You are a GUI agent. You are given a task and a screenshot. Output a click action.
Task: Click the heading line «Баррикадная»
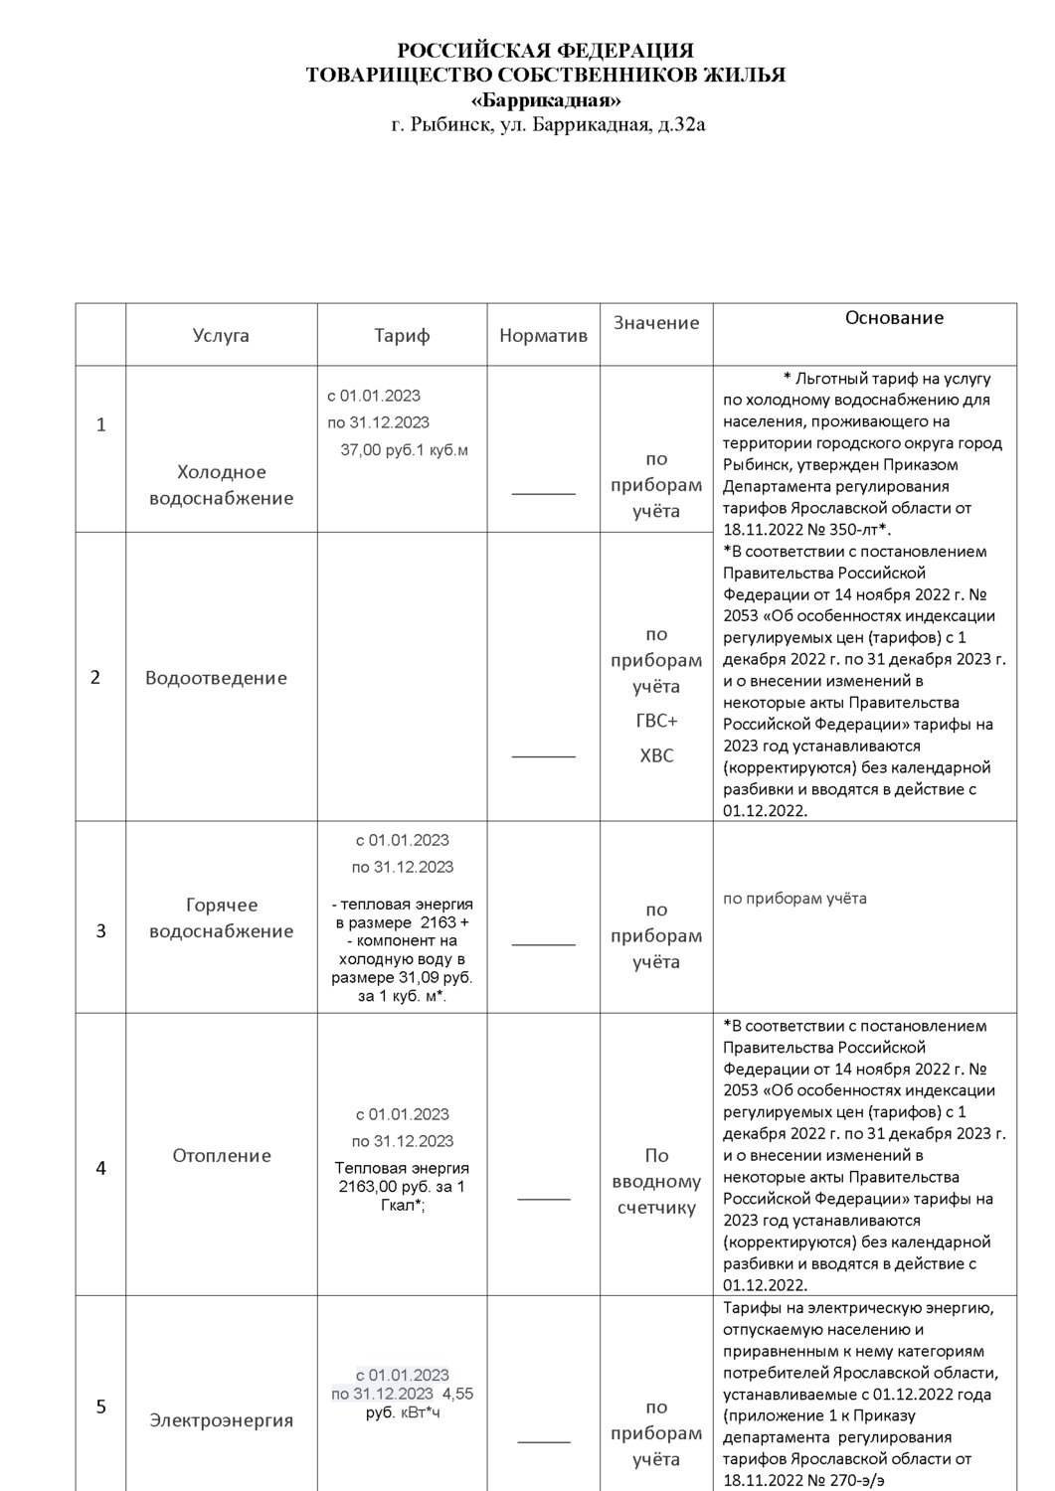click(546, 100)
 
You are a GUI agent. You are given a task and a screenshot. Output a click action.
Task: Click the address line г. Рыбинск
click(548, 125)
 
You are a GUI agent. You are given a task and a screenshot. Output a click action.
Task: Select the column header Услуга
click(221, 336)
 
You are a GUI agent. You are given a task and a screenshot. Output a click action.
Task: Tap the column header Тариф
click(402, 336)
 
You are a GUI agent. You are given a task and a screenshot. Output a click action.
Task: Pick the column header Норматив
click(543, 336)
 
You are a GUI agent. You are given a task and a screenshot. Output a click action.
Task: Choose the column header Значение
click(656, 323)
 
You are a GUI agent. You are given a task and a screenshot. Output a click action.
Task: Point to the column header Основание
click(894, 318)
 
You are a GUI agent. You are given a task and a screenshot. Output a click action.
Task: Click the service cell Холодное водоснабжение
click(221, 485)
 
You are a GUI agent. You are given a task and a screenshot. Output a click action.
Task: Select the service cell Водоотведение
click(216, 678)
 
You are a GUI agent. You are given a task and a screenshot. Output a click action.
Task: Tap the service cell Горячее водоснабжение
click(221, 918)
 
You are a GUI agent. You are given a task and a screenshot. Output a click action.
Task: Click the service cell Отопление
click(222, 1156)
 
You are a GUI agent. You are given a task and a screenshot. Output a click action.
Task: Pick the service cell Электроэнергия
click(222, 1420)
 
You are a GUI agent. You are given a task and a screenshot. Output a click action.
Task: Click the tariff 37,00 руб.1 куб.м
click(404, 450)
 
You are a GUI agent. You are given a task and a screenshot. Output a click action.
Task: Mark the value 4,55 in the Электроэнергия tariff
click(457, 1394)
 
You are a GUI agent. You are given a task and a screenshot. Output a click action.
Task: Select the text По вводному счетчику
click(656, 1182)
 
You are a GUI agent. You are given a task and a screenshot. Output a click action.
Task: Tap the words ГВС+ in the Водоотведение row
click(656, 721)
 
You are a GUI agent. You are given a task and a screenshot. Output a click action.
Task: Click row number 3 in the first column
click(100, 931)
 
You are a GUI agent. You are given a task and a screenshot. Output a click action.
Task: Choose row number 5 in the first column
click(100, 1407)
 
